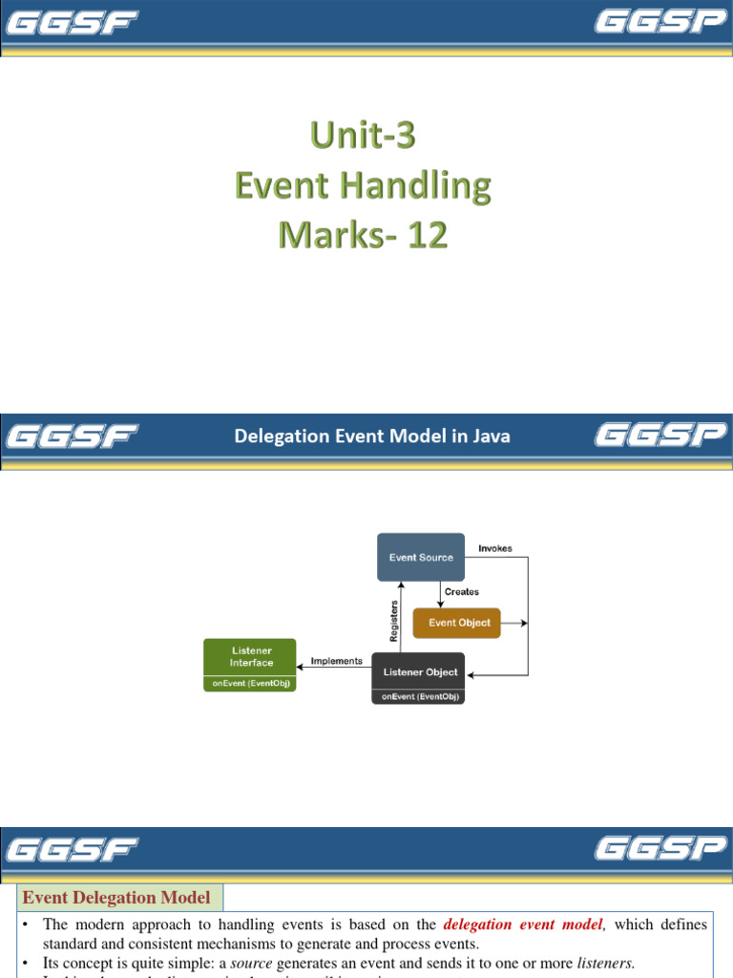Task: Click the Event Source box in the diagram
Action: coord(421,557)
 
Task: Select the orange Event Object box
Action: coord(456,623)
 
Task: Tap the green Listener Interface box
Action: coord(250,657)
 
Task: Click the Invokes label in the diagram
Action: coord(494,548)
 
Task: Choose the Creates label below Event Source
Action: coord(462,592)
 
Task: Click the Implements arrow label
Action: coord(337,661)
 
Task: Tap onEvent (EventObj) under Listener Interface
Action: coord(250,685)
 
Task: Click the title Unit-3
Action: coord(363,138)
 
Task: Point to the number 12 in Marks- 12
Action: coord(427,235)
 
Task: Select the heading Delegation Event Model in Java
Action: coord(372,436)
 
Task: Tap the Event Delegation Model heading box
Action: coord(116,897)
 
